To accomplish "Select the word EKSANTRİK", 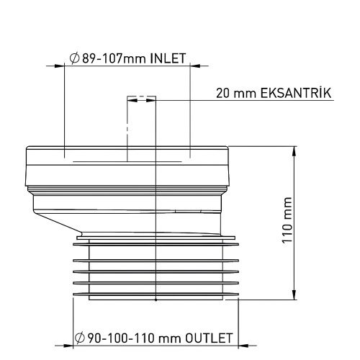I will coord(293,94).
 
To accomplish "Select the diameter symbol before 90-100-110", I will coord(78,337).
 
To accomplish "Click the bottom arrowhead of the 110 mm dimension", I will coord(294,297).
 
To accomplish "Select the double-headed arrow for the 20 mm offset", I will coord(141,102).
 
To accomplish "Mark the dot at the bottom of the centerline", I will coord(156,303).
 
